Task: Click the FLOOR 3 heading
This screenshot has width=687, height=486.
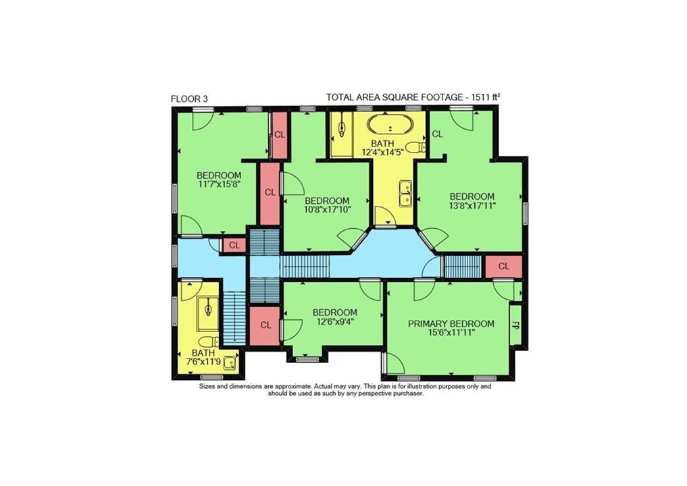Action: (x=189, y=99)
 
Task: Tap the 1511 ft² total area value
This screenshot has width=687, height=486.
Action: (x=486, y=97)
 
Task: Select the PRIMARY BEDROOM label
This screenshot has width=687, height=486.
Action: (x=451, y=323)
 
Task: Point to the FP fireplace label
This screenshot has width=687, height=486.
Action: (x=515, y=325)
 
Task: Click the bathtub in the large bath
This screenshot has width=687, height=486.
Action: (x=390, y=126)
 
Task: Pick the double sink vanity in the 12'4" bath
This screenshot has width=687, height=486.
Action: (x=405, y=193)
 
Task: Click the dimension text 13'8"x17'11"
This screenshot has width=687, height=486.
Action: (x=472, y=205)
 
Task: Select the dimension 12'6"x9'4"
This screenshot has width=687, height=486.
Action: (x=335, y=321)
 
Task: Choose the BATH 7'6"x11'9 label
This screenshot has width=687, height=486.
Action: (x=203, y=357)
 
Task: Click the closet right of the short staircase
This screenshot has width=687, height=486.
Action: (x=504, y=267)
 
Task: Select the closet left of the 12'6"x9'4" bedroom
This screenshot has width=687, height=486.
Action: (x=265, y=326)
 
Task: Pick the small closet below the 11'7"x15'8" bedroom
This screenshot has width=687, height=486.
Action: (x=234, y=245)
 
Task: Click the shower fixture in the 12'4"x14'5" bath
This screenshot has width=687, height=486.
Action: (x=341, y=128)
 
